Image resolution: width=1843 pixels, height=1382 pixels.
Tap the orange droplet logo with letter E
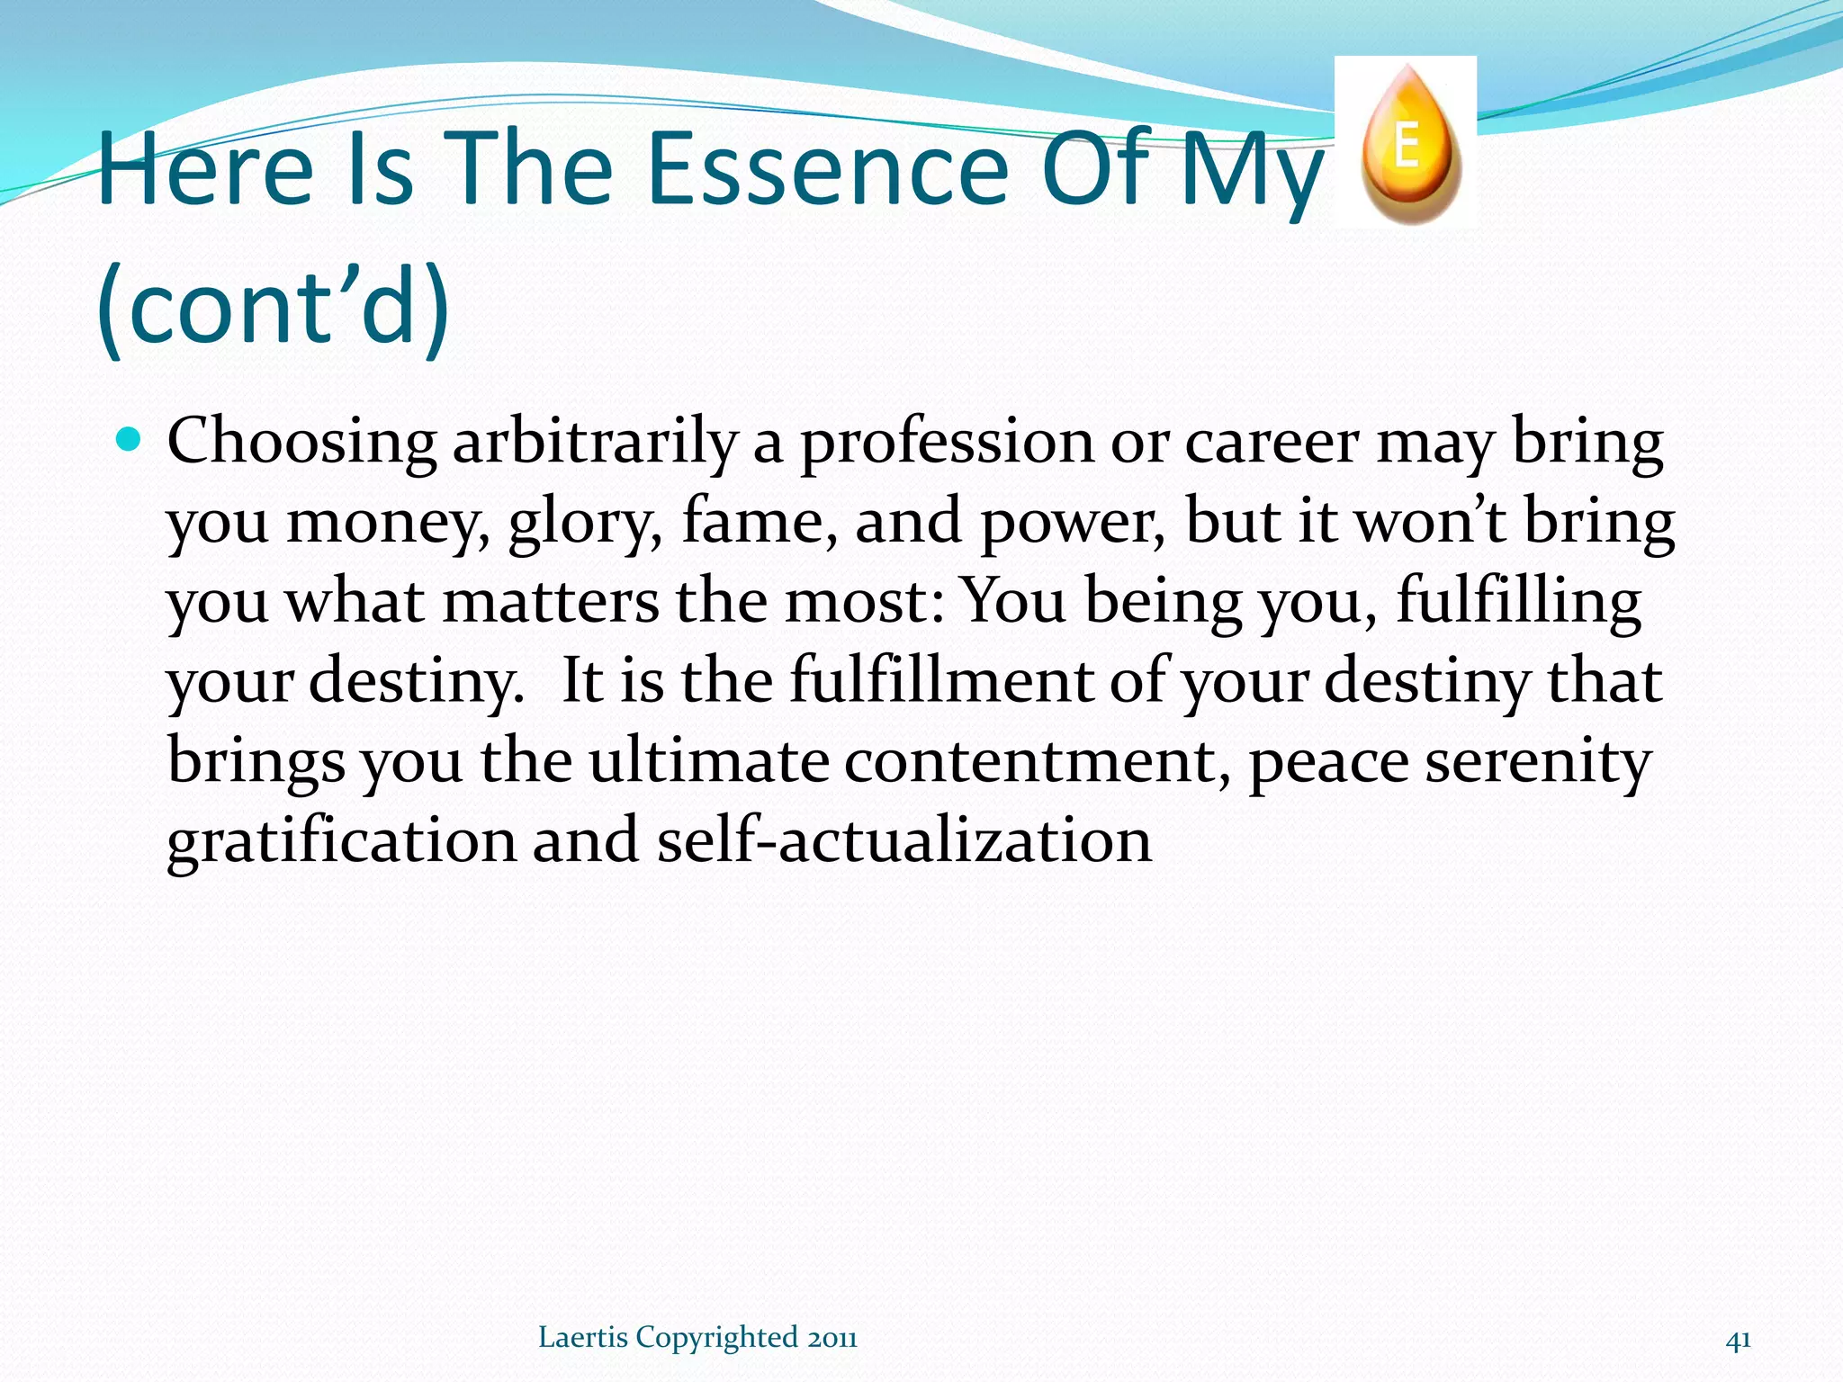(1409, 144)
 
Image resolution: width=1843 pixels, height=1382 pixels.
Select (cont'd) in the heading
(272, 308)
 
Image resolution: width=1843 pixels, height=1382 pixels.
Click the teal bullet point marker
(130, 440)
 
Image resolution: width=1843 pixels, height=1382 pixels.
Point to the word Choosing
(301, 443)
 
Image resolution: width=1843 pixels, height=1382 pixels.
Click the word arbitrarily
(594, 443)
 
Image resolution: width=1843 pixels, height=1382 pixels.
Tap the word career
(1272, 443)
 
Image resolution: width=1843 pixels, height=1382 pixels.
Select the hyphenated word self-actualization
(904, 840)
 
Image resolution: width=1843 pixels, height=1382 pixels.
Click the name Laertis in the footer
(582, 1337)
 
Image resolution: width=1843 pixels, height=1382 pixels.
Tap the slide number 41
(1738, 1340)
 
